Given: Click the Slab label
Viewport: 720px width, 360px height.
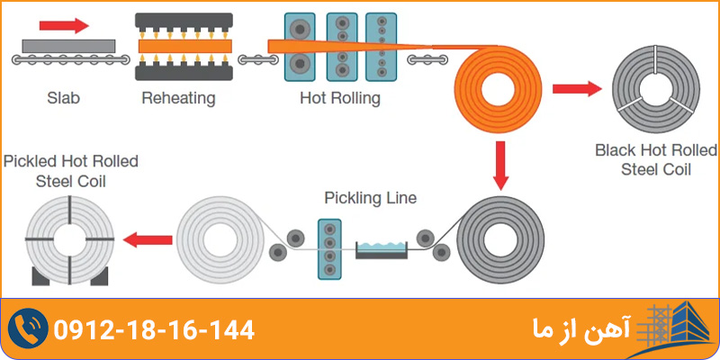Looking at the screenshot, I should [63, 97].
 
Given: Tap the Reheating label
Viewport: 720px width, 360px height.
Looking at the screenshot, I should [178, 97].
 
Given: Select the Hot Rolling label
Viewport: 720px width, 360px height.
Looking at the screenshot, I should [339, 97].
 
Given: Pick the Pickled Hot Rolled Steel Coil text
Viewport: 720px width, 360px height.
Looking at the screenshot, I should [71, 170].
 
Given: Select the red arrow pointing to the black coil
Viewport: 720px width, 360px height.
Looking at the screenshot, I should [576, 87].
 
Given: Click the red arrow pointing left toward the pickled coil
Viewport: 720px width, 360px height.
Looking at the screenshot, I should [148, 239].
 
